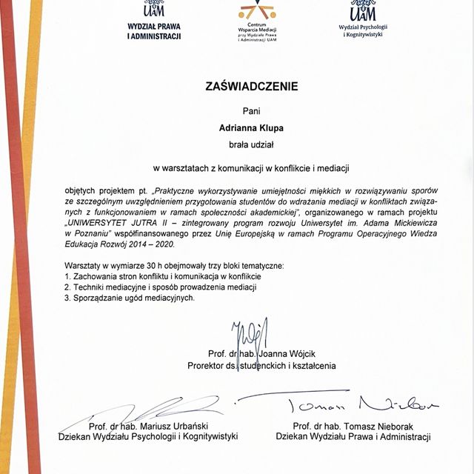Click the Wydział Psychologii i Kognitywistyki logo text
point(363,30)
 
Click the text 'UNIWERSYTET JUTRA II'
point(113,221)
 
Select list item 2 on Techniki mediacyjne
point(160,287)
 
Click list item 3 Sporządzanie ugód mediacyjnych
point(130,297)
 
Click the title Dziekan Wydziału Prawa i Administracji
point(353,437)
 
